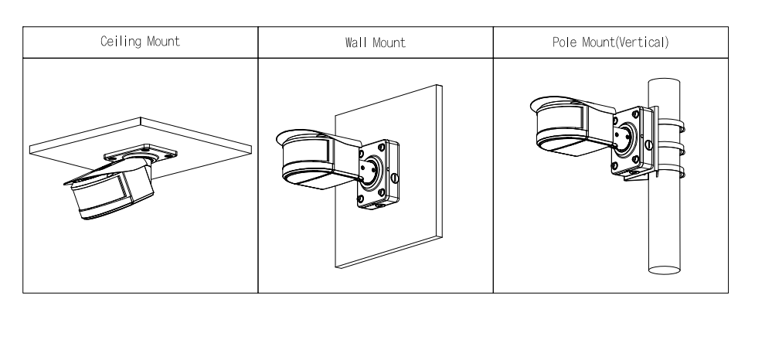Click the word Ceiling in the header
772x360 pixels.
(121, 42)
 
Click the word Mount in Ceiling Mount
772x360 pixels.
(164, 41)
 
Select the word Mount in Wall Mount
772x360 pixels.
(389, 42)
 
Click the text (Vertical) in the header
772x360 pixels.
(642, 42)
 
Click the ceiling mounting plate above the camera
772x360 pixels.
(141, 153)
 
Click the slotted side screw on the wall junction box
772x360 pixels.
(394, 178)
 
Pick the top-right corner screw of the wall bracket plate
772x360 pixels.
(382, 148)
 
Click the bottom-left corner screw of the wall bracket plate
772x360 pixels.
(360, 199)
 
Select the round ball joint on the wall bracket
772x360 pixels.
(372, 172)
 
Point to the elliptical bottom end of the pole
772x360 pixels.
(664, 270)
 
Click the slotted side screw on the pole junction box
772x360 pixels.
(648, 144)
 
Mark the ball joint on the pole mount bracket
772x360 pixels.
(626, 138)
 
